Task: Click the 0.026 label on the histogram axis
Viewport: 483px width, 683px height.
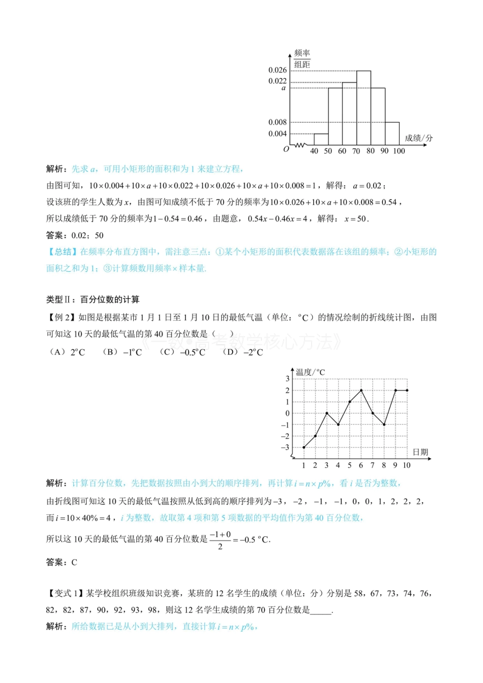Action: click(x=278, y=70)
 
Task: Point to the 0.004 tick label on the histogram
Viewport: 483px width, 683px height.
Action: click(x=278, y=134)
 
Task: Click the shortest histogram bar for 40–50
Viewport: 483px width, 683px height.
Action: click(x=321, y=139)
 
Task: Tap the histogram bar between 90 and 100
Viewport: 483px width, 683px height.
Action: click(x=392, y=134)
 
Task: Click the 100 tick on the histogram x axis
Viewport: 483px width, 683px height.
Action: click(x=399, y=151)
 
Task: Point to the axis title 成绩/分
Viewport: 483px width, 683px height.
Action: click(x=418, y=138)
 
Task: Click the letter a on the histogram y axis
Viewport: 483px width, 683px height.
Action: click(x=284, y=88)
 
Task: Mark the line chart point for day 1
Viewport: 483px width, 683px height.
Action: click(x=304, y=447)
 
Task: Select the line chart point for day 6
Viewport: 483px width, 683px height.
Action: click(x=361, y=391)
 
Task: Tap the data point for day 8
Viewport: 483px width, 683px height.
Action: click(x=384, y=425)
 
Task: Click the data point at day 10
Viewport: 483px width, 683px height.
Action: click(x=407, y=391)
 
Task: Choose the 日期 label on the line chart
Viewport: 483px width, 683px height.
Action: click(x=420, y=452)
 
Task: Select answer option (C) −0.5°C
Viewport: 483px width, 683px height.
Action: click(x=183, y=352)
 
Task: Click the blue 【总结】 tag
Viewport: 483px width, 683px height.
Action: click(x=62, y=252)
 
